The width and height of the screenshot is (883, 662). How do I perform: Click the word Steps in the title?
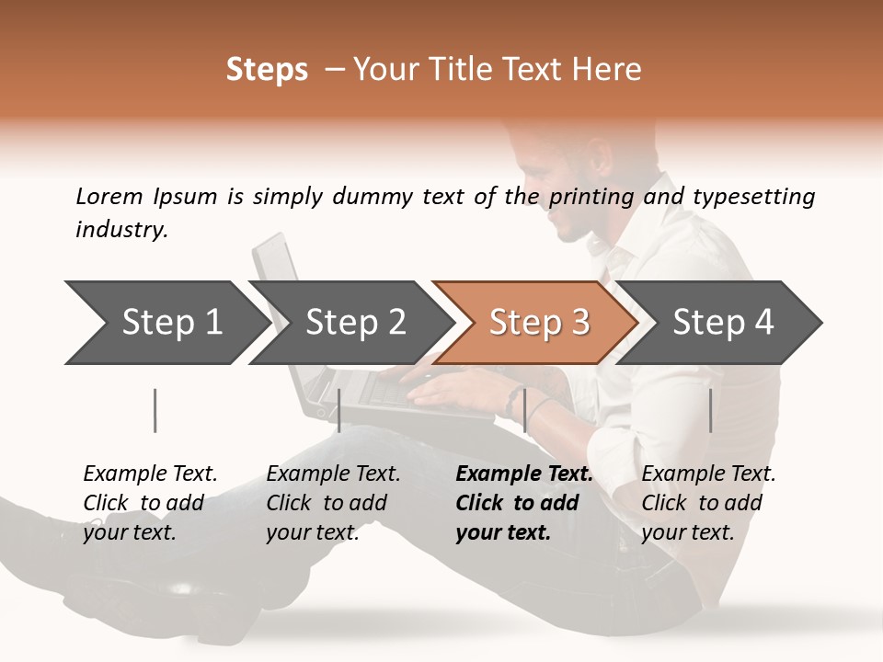(x=267, y=70)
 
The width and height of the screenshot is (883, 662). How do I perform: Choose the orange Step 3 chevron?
(x=539, y=322)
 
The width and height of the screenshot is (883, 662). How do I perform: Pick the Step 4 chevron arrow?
(x=723, y=322)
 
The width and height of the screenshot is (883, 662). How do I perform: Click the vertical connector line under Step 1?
(x=155, y=410)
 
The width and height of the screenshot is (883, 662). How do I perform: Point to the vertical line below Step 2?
(x=339, y=410)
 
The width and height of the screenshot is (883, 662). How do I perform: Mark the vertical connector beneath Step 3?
(x=525, y=410)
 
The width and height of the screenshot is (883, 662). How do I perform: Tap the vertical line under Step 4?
(x=711, y=410)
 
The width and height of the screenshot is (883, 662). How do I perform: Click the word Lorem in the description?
(x=109, y=197)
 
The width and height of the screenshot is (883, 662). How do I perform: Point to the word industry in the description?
(x=121, y=230)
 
